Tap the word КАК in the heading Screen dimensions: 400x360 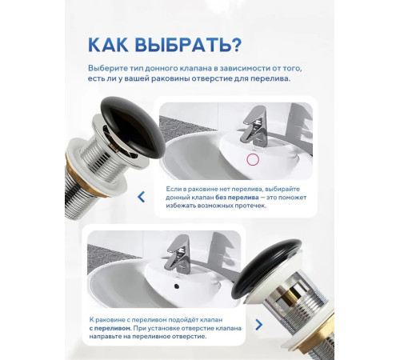pos(108,45)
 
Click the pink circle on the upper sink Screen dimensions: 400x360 pos(253,160)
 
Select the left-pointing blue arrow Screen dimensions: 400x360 pos(141,197)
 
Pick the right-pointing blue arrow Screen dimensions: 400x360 pos(258,325)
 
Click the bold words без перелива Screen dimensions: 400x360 pos(237,198)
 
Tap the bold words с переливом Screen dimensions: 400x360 pos(110,328)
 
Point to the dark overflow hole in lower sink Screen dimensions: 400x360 pos(176,286)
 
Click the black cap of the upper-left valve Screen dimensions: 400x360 pos(133,126)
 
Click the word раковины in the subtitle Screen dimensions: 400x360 pos(170,79)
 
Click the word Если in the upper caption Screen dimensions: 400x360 pos(174,189)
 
